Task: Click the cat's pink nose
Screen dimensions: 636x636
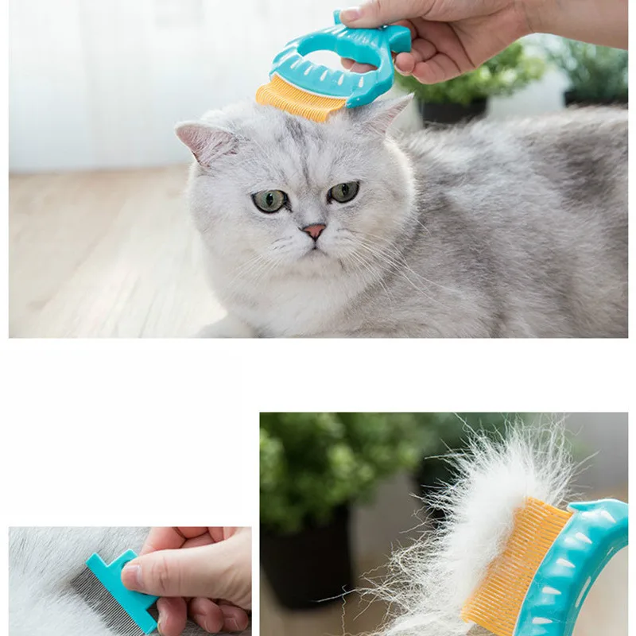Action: click(x=314, y=231)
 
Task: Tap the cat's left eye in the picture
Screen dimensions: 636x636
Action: click(x=270, y=201)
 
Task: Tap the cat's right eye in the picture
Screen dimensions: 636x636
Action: click(x=344, y=192)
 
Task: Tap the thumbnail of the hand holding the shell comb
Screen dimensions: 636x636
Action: click(x=351, y=14)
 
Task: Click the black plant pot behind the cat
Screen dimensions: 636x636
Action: click(x=453, y=111)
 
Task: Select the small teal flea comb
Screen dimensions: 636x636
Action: click(x=119, y=588)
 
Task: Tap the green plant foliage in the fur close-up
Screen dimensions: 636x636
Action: click(x=334, y=469)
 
